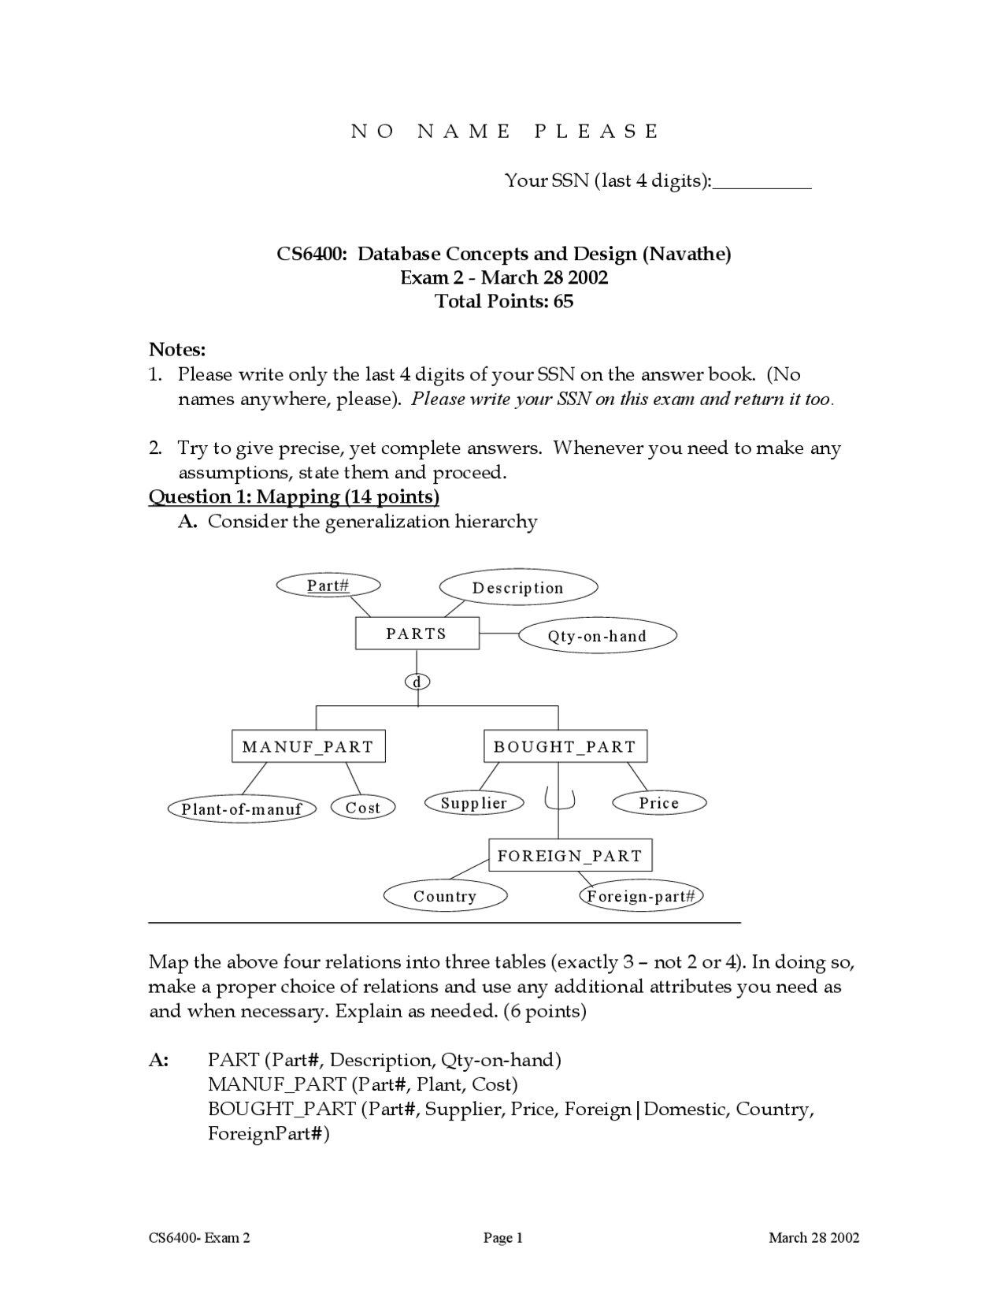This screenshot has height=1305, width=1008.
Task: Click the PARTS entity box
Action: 417,634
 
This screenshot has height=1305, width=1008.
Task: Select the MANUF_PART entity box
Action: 308,746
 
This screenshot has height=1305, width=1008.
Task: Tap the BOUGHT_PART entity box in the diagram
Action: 565,746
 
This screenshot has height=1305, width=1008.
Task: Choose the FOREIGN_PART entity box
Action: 570,855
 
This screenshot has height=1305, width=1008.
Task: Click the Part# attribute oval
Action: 328,585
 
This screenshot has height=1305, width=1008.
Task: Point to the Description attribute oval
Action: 517,588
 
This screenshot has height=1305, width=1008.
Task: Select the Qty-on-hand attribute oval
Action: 597,636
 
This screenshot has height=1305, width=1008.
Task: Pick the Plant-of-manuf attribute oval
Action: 242,809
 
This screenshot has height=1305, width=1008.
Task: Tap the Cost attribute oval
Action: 362,807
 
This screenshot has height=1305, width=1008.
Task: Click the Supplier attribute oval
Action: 473,803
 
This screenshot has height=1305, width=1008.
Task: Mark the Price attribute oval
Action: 659,803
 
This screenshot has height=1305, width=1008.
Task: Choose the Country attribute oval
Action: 445,896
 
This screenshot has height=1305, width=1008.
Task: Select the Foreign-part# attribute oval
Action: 641,896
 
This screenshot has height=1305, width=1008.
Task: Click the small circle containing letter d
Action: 417,682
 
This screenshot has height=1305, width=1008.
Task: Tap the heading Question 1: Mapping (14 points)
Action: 294,496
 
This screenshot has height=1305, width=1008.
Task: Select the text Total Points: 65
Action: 504,301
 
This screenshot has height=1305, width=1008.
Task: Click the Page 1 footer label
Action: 503,1238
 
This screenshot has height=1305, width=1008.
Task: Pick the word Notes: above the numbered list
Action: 177,349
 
